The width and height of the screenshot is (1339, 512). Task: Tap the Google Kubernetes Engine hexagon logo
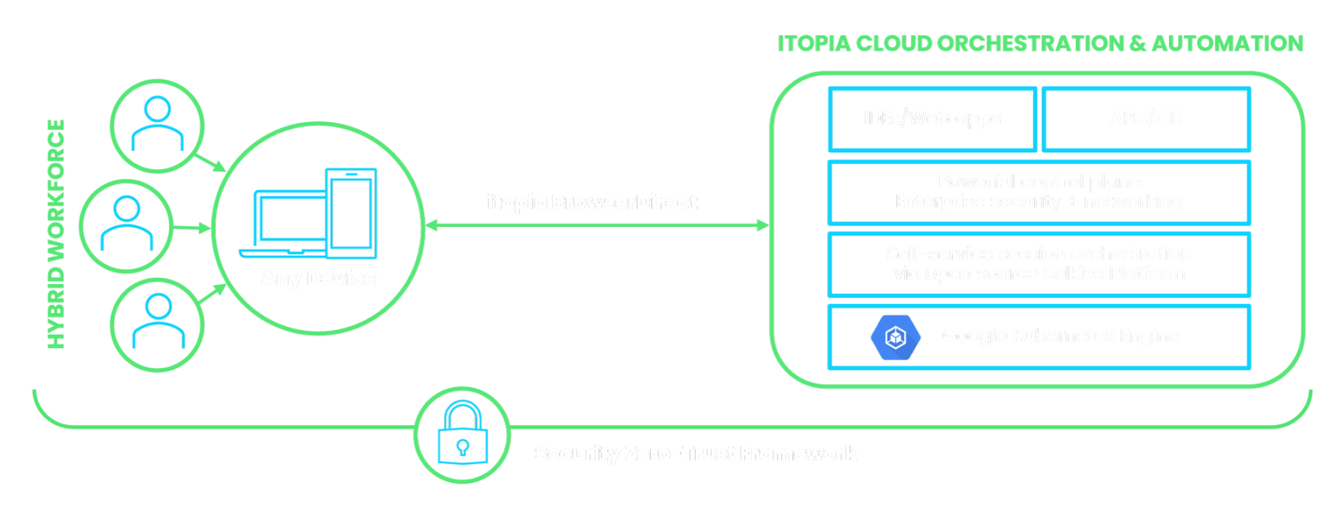point(895,337)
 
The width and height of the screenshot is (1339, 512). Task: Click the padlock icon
point(462,434)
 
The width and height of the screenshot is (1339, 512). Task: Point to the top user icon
point(158,126)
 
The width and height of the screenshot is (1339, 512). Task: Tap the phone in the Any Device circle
point(352,213)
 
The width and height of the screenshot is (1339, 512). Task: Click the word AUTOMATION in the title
point(1227,44)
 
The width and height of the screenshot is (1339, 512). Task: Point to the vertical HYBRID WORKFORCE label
point(57,234)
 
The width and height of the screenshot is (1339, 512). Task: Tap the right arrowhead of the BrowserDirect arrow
point(764,226)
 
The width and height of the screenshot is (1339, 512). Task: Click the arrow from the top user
point(210,163)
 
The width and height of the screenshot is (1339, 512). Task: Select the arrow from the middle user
point(192,228)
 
